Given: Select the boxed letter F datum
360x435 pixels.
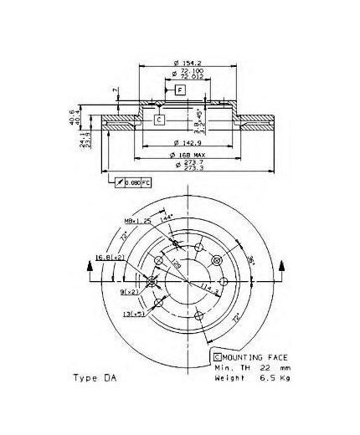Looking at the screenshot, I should point(179,89).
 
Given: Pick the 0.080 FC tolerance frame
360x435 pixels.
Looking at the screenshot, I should point(136,182).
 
